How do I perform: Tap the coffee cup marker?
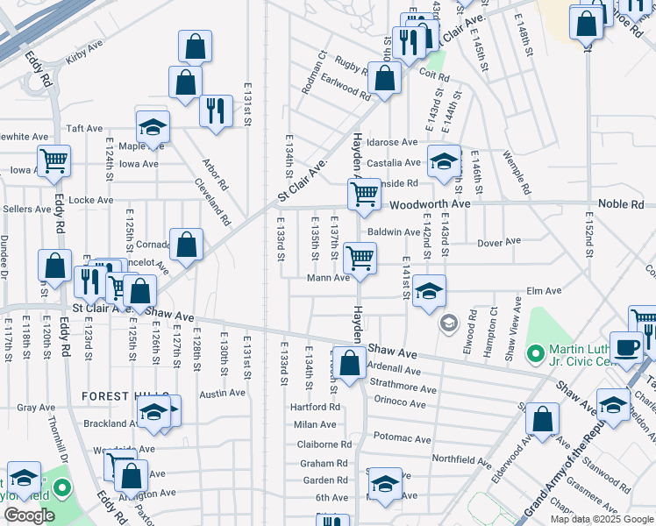626,347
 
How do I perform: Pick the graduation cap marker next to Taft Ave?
153,127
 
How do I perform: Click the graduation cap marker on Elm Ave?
429,291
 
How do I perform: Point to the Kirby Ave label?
84,61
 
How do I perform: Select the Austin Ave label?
222,394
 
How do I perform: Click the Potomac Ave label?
403,438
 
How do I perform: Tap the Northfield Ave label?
461,459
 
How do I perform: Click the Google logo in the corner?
29,515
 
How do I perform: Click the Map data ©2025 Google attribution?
602,519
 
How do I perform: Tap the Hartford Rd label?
315,408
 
